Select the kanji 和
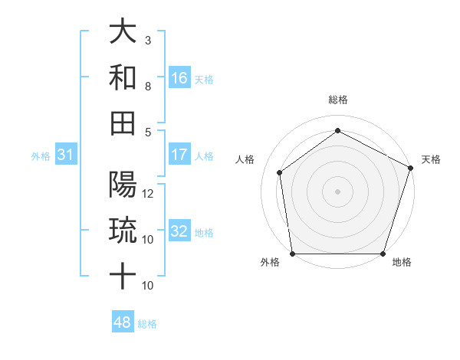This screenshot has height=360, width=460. (x=123, y=77)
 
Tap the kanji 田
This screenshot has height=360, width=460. (x=123, y=123)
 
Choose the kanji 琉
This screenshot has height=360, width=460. (x=123, y=231)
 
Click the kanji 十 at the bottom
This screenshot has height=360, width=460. (x=123, y=276)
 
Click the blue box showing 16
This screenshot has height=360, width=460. (x=179, y=77)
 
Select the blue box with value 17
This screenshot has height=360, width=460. (x=179, y=155)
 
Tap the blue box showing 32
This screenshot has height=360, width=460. (x=179, y=231)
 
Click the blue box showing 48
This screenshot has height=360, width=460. (x=123, y=322)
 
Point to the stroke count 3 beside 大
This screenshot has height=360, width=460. (x=148, y=40)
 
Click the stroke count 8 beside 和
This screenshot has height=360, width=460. (x=148, y=87)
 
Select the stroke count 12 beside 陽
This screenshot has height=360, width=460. (x=149, y=194)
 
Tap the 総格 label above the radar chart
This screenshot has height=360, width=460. (x=338, y=100)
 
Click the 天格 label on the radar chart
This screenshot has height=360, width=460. (x=431, y=159)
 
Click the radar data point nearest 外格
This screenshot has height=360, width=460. (x=293, y=254)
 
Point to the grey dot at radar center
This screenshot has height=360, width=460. (x=338, y=191)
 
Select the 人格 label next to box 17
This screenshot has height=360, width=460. (x=204, y=155)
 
